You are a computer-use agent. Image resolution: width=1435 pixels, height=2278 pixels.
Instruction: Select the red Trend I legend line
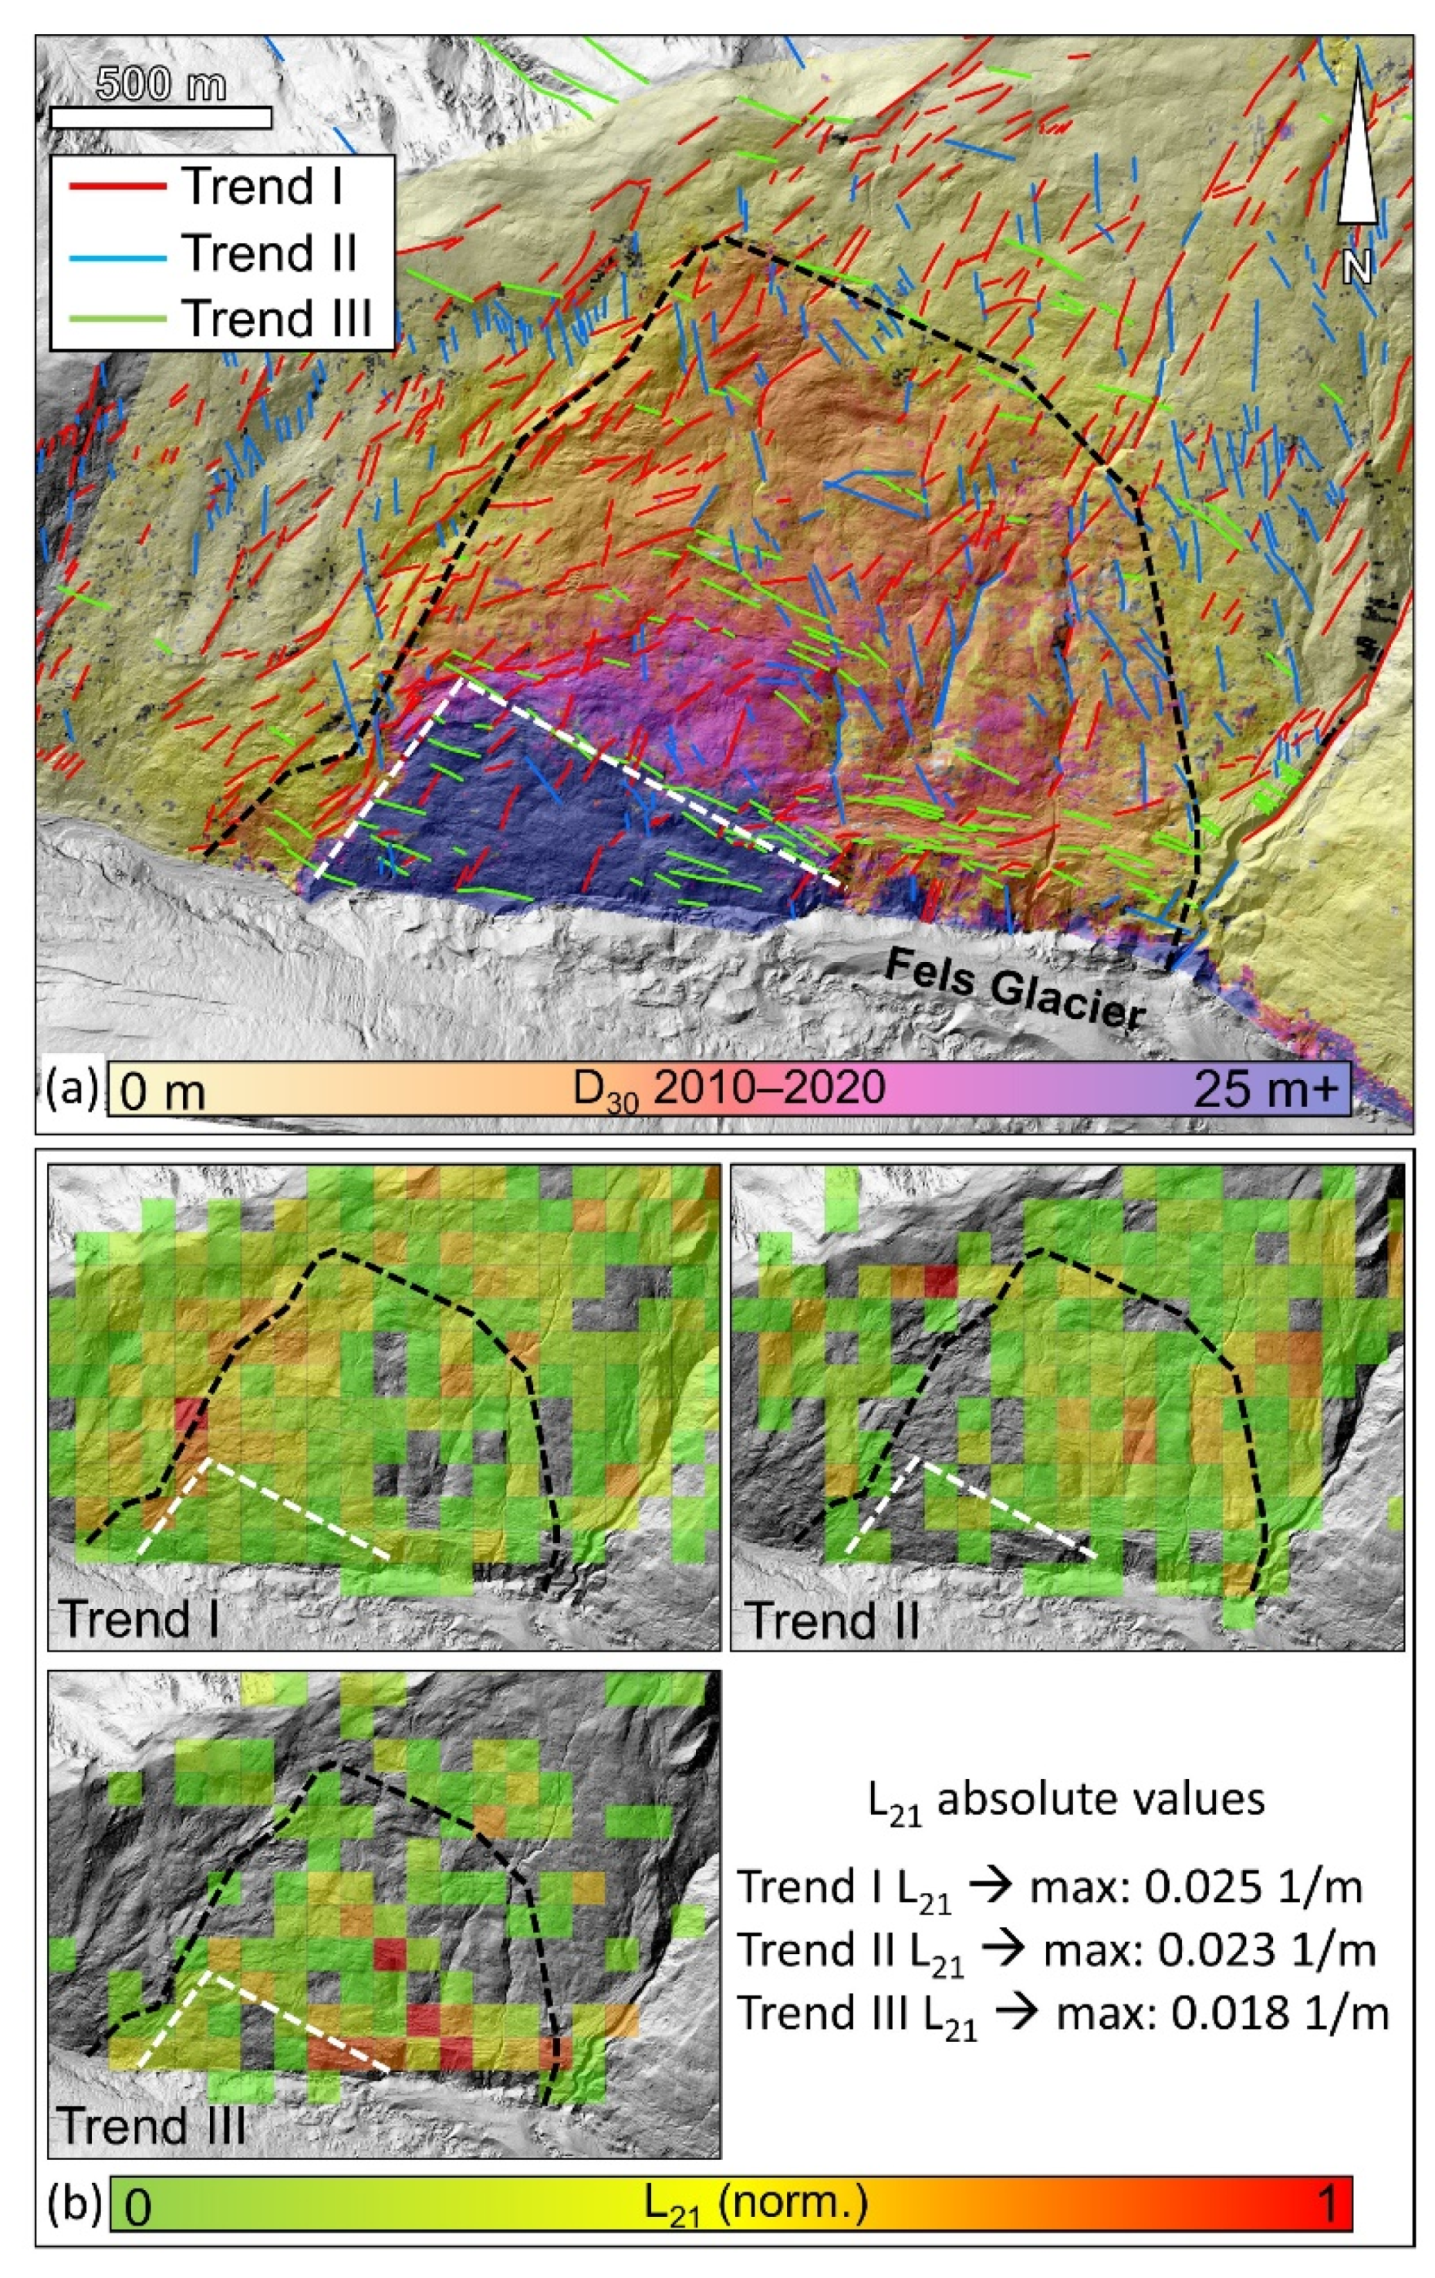(x=116, y=187)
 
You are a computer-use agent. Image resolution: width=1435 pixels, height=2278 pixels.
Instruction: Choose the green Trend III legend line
(x=116, y=318)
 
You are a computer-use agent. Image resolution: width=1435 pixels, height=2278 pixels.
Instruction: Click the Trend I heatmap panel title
(x=139, y=1618)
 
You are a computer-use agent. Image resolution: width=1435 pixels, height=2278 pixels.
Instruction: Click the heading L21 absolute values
(x=1066, y=1800)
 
